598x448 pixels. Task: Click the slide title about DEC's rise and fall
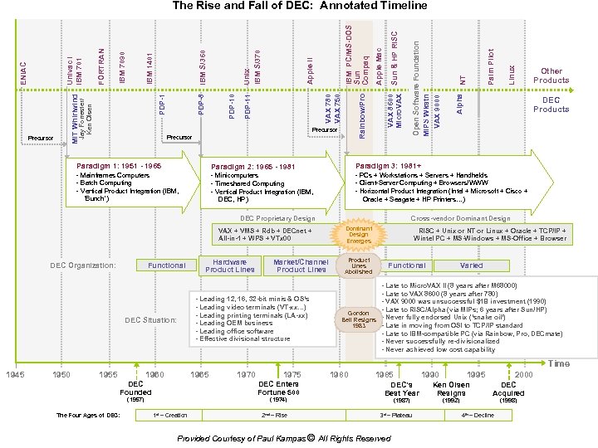(299, 6)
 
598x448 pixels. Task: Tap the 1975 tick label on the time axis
(292, 376)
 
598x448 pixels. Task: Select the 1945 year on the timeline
(14, 376)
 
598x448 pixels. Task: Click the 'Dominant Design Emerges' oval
(359, 235)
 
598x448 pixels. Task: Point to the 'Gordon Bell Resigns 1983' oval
(359, 319)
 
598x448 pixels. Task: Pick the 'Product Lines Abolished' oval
(359, 265)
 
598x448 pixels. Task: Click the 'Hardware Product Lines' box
(229, 265)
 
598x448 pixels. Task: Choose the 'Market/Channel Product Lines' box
(300, 265)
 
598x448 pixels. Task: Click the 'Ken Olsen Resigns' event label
(451, 388)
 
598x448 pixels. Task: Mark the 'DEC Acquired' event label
(508, 388)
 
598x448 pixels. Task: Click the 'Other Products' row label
(551, 75)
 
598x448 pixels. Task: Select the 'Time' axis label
(559, 363)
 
